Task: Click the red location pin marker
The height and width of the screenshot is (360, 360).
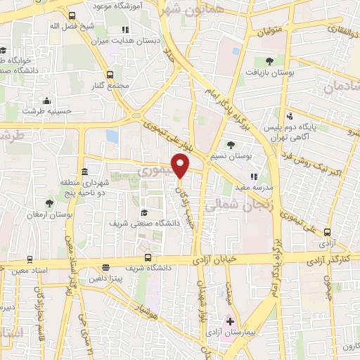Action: click(x=181, y=166)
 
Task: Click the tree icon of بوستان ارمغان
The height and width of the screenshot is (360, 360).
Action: click(x=66, y=197)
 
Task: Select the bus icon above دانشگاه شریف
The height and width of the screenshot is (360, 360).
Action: click(x=147, y=257)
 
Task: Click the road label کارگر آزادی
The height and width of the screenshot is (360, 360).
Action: click(x=333, y=260)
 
